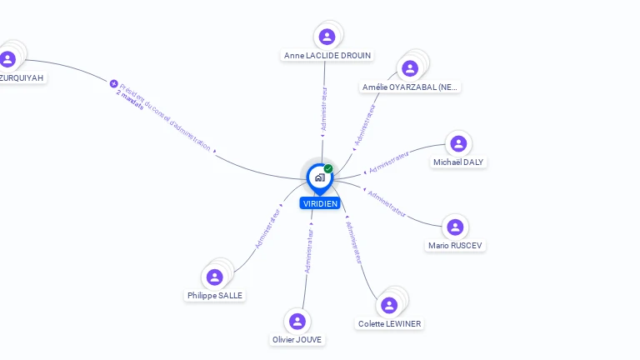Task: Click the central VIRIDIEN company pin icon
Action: click(x=318, y=177)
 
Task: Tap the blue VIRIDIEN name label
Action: click(x=320, y=203)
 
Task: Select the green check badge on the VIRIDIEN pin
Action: click(x=328, y=168)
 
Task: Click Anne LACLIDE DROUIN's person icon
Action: click(x=327, y=36)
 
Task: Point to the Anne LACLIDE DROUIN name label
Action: click(x=327, y=56)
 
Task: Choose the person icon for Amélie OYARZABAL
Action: click(x=409, y=68)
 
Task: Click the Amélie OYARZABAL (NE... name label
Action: click(x=410, y=87)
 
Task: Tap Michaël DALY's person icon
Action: click(x=457, y=143)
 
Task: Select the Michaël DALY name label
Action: click(x=458, y=162)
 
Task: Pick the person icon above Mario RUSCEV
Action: click(x=455, y=227)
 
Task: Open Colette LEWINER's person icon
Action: click(x=389, y=305)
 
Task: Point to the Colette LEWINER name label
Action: click(x=389, y=323)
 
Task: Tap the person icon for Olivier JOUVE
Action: click(x=297, y=321)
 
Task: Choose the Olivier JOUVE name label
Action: click(x=297, y=339)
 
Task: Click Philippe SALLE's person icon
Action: click(x=215, y=277)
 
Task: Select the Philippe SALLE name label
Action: click(x=216, y=295)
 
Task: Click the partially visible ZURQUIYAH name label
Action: click(x=21, y=77)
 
